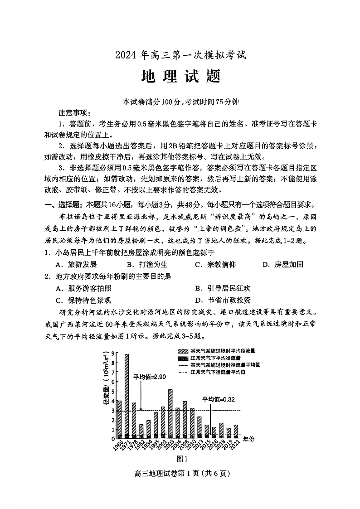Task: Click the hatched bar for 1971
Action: point(126,394)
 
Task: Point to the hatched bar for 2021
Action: point(235,430)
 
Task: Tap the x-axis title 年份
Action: point(249,439)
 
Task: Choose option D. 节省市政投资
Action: point(223,300)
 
